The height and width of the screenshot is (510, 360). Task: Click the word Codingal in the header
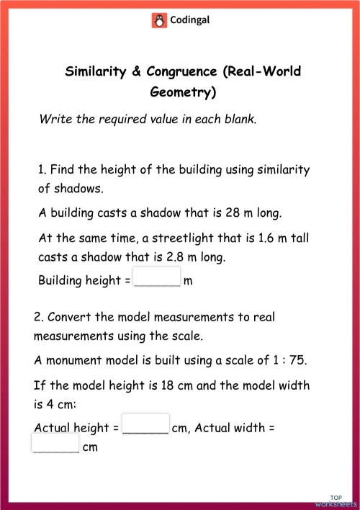(x=189, y=21)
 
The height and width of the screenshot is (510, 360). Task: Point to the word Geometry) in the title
(x=183, y=92)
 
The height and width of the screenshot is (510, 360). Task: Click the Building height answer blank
(x=158, y=278)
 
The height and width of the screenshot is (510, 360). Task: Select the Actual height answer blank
(x=146, y=425)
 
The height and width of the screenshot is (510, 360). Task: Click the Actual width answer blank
(x=55, y=444)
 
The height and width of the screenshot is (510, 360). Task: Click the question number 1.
(x=42, y=170)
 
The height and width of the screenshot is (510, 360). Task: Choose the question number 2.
(x=37, y=317)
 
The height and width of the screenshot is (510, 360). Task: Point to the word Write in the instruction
(x=55, y=119)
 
